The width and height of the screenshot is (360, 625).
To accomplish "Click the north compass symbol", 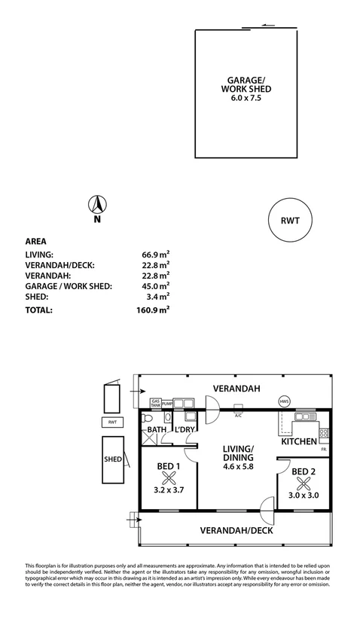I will (98, 203).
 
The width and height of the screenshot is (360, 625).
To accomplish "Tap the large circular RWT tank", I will (289, 221).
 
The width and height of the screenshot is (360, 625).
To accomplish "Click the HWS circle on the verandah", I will (285, 401).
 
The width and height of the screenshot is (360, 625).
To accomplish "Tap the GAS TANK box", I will (156, 403).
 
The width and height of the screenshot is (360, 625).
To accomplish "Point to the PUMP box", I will (167, 404).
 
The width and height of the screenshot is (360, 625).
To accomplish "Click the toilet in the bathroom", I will (147, 419).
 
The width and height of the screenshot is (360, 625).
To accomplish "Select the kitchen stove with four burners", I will (324, 432).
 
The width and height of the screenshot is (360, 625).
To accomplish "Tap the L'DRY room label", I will (185, 430).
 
